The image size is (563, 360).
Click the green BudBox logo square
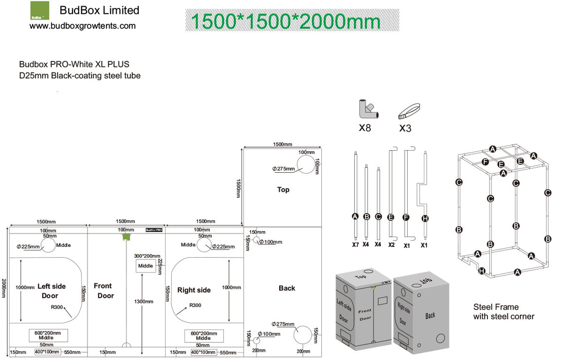click(x=41, y=10)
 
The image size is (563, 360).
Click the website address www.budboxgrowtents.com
click(x=82, y=26)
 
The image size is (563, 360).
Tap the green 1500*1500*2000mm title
click(x=286, y=22)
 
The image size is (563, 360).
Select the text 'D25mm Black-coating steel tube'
click(x=80, y=76)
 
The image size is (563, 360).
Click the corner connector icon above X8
click(x=368, y=109)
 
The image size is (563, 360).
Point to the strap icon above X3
click(x=409, y=110)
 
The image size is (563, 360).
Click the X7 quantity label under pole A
click(x=355, y=245)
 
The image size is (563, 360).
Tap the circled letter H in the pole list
click(x=425, y=218)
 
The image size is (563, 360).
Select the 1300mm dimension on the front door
click(x=146, y=302)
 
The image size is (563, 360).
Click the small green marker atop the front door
click(x=125, y=237)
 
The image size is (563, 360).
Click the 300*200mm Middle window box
click(x=146, y=266)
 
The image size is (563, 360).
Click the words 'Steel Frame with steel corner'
click(x=503, y=312)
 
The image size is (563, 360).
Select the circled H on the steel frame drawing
click(x=482, y=271)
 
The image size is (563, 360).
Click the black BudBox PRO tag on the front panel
click(x=154, y=230)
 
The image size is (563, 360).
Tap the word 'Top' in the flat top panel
click(x=283, y=190)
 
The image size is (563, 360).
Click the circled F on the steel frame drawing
click(x=485, y=161)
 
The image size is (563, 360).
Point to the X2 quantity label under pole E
click(x=391, y=245)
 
